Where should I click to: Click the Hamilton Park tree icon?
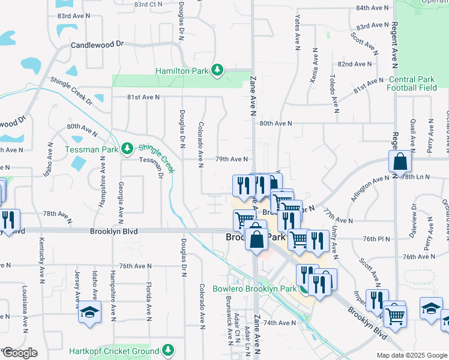click(217, 71)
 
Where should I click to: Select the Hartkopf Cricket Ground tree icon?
click(169, 350)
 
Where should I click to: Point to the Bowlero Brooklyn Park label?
click(255, 289)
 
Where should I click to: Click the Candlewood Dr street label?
click(97, 44)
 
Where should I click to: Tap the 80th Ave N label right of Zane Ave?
click(276, 124)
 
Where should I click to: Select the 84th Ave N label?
click(373, 8)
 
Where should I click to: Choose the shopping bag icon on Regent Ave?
click(399, 162)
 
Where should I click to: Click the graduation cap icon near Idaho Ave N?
click(89, 312)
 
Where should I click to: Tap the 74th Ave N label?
click(277, 323)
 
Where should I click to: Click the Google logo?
click(20, 353)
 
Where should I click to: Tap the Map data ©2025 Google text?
click(411, 355)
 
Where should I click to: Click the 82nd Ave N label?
click(355, 64)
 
